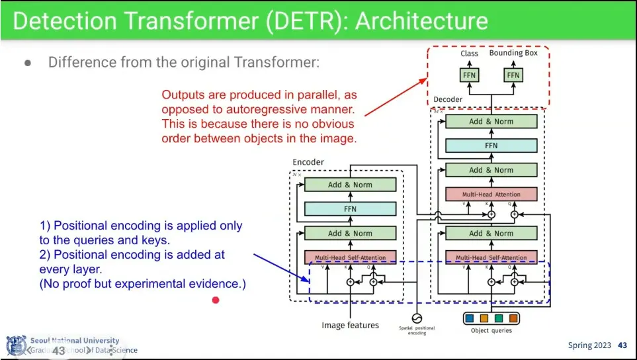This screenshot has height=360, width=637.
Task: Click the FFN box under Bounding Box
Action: coord(513,75)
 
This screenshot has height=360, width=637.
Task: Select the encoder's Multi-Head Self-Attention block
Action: coord(350,257)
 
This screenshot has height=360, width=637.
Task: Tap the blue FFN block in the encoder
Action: coord(350,209)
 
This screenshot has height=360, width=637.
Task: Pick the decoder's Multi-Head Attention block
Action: coord(491,195)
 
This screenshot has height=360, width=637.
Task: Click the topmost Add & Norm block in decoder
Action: coord(491,122)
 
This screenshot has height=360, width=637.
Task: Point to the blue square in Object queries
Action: coord(470,319)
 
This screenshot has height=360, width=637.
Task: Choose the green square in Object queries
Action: coord(499,319)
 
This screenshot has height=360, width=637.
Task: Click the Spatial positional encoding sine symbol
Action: coord(416,318)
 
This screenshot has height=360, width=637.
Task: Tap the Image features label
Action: coord(350,325)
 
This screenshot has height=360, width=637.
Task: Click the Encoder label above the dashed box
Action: coord(308,162)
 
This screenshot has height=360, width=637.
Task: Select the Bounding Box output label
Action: coord(513,53)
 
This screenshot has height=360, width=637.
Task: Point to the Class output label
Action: coord(470,54)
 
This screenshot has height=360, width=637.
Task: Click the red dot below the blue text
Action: coord(216,300)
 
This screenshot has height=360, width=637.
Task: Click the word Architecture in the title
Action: coord(421,21)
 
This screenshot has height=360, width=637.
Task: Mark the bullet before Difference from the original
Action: coord(28,64)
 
